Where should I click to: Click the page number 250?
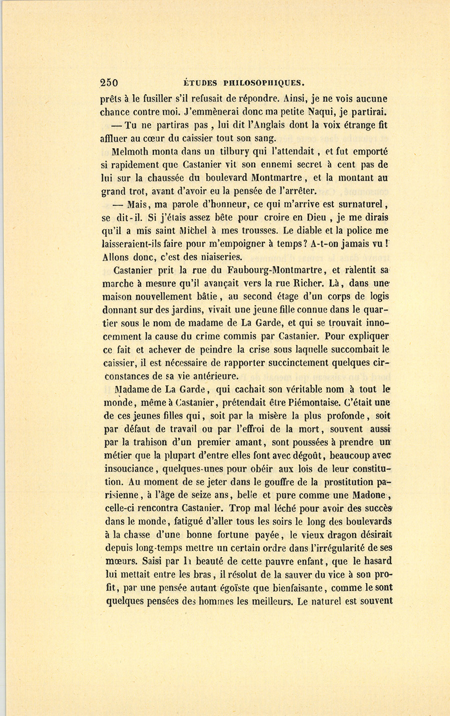(x=108, y=83)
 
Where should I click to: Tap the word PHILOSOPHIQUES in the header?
(x=264, y=83)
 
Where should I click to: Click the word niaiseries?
(x=218, y=257)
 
